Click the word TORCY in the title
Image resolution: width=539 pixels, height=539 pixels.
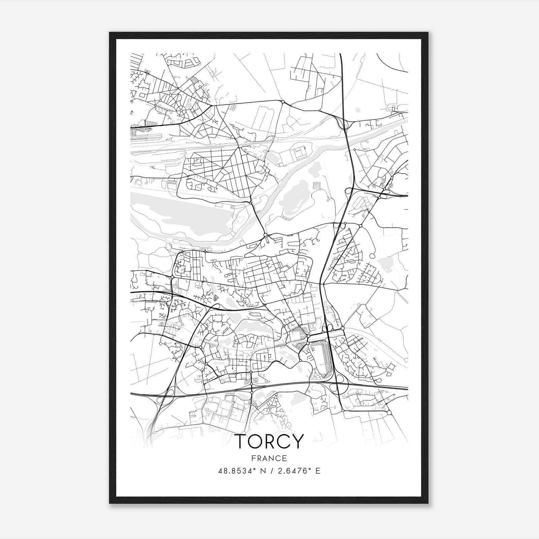click(x=269, y=441)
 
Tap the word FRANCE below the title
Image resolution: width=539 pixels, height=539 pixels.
click(x=269, y=458)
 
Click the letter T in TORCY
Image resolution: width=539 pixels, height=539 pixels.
click(x=241, y=441)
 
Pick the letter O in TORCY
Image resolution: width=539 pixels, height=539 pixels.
click(x=255, y=441)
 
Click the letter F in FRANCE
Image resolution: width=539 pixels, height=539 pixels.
click(x=253, y=458)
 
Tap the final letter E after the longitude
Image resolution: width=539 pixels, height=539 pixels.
click(x=318, y=471)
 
